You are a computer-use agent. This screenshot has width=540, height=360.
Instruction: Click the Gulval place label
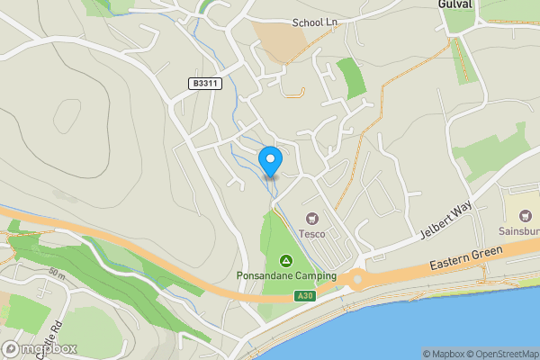click(455, 5)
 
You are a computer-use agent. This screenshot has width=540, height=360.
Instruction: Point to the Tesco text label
click(312, 233)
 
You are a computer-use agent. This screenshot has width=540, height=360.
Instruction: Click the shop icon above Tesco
click(312, 218)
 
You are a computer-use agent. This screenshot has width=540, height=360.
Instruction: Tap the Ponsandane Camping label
click(286, 275)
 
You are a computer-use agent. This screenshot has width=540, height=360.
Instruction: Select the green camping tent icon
click(286, 260)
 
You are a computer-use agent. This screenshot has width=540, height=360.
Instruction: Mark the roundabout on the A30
click(357, 280)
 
